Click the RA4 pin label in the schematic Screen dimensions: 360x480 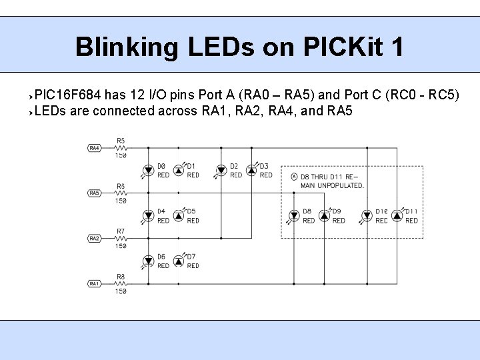[x=95, y=147]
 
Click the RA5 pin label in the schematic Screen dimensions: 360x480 [x=95, y=193]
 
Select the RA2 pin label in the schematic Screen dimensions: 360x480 [x=95, y=238]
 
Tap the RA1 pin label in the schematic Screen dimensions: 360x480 [x=95, y=283]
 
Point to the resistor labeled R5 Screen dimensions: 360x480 [x=121, y=147]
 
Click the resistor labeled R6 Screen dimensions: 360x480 [x=121, y=193]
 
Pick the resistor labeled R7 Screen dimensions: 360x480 [x=121, y=238]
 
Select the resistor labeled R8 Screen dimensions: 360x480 [x=121, y=283]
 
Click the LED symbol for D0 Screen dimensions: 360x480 [x=147, y=170]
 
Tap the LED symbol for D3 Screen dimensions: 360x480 [x=251, y=170]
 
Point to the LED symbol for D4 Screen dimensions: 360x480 [x=147, y=215]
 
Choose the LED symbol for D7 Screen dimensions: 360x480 [x=178, y=261]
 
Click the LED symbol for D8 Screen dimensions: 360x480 [x=293, y=215]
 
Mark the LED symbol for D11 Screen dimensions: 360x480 [x=397, y=215]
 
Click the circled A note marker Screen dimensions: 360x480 [x=294, y=177]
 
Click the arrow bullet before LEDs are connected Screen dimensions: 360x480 [x=30, y=111]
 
